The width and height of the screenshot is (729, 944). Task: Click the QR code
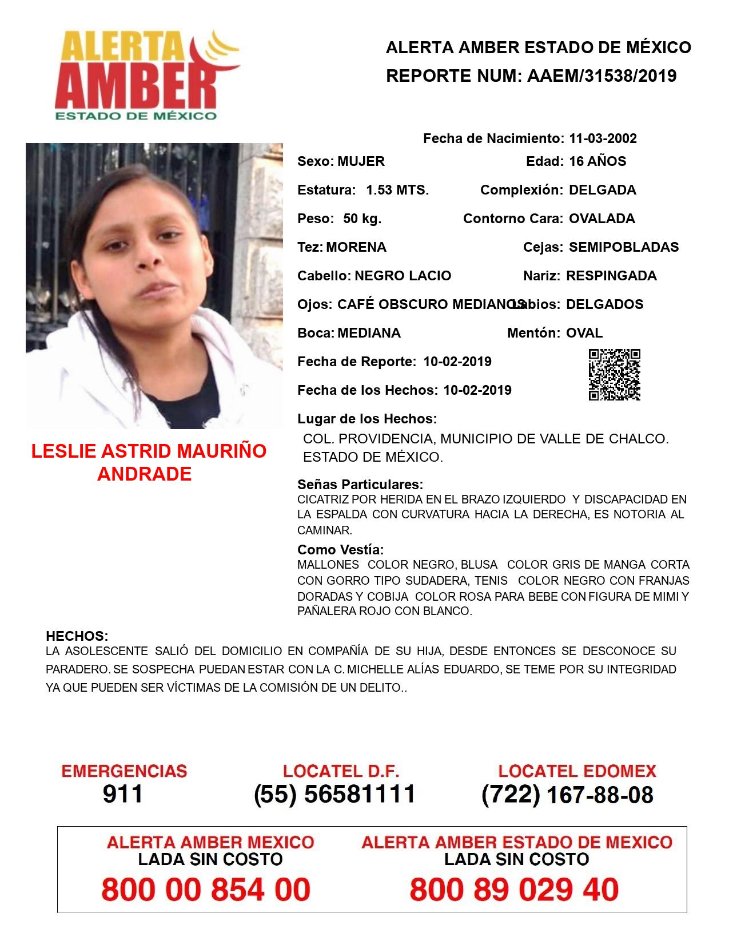pos(615,374)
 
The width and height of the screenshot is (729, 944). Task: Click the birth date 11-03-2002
pos(603,138)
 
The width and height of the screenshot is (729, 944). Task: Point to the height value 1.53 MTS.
pos(397,190)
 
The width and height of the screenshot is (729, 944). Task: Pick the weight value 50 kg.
pos(362,219)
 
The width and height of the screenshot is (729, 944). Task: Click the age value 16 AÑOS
pos(597,161)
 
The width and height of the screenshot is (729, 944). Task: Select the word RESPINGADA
pos(611,276)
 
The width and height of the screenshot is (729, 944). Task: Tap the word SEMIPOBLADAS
pos(624,247)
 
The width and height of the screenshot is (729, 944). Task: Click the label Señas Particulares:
pos(360,485)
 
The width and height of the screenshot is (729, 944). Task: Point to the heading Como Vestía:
pos(341,550)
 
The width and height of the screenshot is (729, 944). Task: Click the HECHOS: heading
pos(77,636)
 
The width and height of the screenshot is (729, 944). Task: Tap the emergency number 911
pos(123,794)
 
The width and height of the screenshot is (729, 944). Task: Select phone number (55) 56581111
pos(334,794)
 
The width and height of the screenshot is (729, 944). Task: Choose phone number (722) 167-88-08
pos(567,795)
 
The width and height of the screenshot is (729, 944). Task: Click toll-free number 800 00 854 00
pos(206,890)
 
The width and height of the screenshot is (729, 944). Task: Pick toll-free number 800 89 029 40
pos(514,890)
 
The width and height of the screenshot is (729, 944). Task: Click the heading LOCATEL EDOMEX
pos(577,771)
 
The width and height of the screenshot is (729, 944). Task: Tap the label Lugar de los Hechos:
pos(367,419)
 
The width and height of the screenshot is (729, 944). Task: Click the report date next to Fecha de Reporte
pos(457,362)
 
